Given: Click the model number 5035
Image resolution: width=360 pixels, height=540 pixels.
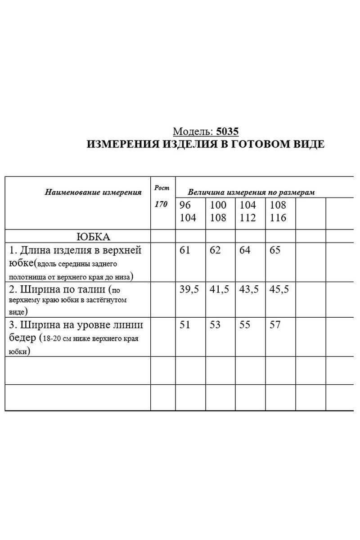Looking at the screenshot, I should click(x=227, y=131).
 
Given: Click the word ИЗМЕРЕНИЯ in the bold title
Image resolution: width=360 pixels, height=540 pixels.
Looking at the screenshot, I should click(x=122, y=144).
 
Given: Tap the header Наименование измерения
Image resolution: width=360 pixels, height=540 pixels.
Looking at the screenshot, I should click(x=93, y=192).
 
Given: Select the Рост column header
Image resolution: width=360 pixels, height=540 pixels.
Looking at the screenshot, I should click(x=162, y=188).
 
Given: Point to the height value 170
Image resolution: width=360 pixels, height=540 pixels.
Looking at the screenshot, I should click(x=161, y=204).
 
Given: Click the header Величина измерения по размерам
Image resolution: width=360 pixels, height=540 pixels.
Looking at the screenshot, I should click(x=251, y=192).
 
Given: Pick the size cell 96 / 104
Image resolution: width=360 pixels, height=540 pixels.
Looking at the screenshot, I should click(x=188, y=211).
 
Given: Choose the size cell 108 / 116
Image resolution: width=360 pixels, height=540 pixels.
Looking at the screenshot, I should click(x=278, y=211).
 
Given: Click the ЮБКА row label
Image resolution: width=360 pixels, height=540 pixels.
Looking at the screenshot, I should click(x=94, y=237).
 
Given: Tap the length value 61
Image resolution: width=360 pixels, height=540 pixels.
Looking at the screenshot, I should click(x=185, y=250).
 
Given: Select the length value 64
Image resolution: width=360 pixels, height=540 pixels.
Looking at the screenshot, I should click(x=245, y=250).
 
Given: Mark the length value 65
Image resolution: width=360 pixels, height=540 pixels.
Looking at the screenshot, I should click(x=275, y=250).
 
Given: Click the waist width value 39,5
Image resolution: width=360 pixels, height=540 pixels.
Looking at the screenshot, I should click(x=189, y=289).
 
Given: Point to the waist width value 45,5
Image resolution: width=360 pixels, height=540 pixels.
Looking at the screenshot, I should click(x=279, y=289).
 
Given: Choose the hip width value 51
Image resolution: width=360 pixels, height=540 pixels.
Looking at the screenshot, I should click(x=185, y=324).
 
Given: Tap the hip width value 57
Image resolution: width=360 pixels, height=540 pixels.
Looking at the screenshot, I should click(x=275, y=324).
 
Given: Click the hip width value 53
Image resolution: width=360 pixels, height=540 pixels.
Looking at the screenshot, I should click(x=215, y=324).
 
